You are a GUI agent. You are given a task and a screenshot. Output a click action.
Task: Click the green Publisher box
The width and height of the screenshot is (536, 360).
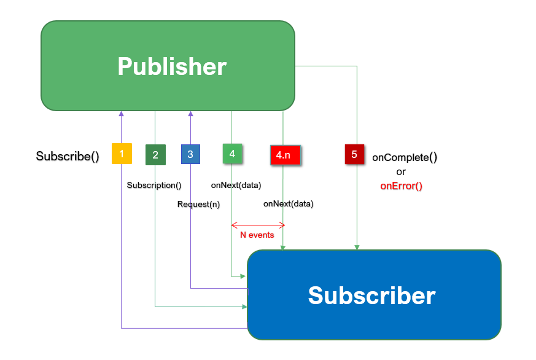pyautogui.click(x=168, y=66)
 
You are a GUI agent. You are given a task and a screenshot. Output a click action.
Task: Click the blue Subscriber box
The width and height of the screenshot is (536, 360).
pyautogui.click(x=373, y=295)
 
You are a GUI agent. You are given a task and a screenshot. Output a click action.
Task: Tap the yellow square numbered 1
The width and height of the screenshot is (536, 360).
pyautogui.click(x=122, y=154)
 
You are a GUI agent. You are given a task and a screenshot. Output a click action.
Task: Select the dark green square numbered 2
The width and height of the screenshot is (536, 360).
pyautogui.click(x=155, y=155)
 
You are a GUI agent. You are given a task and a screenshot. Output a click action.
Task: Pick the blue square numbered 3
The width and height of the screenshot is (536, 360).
pyautogui.click(x=190, y=154)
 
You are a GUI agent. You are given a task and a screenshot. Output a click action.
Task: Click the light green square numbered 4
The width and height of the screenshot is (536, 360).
pyautogui.click(x=232, y=154)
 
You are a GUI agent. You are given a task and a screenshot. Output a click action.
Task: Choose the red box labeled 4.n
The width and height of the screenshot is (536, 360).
pyautogui.click(x=285, y=155)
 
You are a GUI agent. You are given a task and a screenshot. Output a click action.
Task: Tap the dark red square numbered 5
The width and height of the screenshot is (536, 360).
pyautogui.click(x=355, y=154)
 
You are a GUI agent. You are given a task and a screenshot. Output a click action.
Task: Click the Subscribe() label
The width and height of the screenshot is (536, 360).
pyautogui.click(x=68, y=156)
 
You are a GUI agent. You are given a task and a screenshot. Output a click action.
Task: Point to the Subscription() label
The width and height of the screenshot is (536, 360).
pyautogui.click(x=154, y=184)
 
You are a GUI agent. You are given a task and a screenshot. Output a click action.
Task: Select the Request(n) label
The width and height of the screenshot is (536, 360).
pyautogui.click(x=198, y=204)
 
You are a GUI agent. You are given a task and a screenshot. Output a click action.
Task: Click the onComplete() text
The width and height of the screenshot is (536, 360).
pyautogui.click(x=405, y=157)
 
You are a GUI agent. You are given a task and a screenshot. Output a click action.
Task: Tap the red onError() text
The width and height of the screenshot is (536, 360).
pyautogui.click(x=402, y=186)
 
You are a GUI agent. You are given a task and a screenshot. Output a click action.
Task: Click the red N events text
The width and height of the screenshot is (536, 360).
pyautogui.click(x=257, y=235)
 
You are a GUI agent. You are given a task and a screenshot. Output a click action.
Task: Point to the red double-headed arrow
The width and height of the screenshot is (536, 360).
pyautogui.click(x=258, y=224)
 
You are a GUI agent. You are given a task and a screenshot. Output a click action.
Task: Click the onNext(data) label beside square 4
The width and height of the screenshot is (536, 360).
pyautogui.click(x=235, y=184)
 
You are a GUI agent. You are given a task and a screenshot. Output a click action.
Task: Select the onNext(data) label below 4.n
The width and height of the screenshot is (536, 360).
pyautogui.click(x=288, y=203)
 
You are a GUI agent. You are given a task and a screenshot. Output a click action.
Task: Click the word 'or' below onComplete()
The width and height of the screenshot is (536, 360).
pyautogui.click(x=401, y=172)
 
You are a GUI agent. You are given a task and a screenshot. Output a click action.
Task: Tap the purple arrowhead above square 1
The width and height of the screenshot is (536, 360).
pyautogui.click(x=122, y=114)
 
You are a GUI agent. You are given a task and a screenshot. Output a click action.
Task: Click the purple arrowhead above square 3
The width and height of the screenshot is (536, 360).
pyautogui.click(x=190, y=114)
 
